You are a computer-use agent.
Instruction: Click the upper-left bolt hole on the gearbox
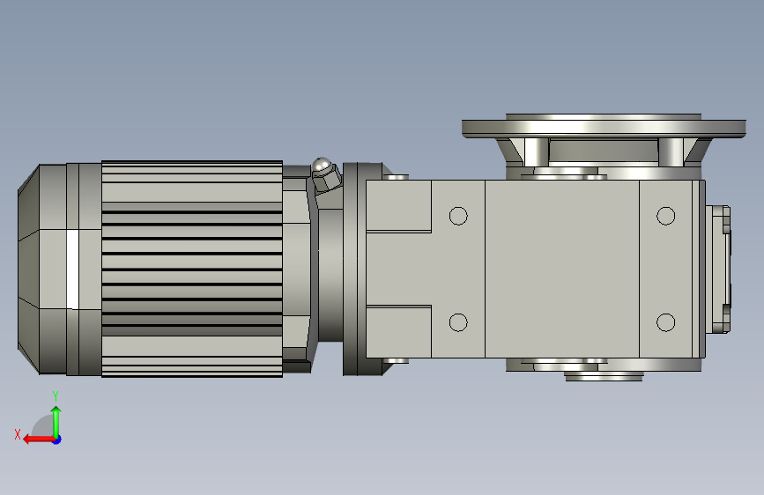(458, 216)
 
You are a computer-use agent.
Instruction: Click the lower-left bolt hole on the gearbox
(458, 322)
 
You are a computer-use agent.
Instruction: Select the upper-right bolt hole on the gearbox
(665, 216)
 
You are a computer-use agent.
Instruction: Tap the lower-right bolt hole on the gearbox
(665, 322)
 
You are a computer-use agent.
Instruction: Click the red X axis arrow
(39, 440)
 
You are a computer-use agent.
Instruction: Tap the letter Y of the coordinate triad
(56, 396)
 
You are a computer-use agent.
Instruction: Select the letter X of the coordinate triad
(18, 434)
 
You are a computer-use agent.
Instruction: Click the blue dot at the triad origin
(57, 440)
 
